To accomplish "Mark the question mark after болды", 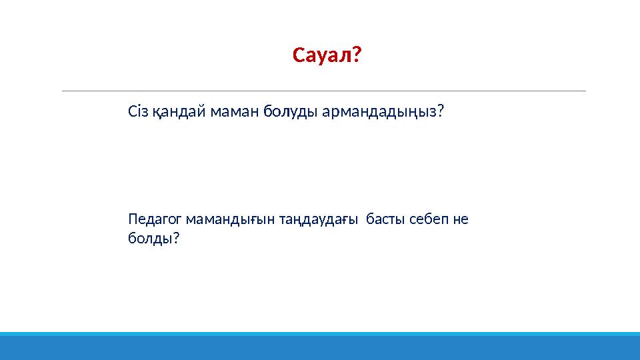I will click(x=176, y=237).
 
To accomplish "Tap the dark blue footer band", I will click(x=320, y=349).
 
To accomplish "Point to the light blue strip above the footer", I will click(x=320, y=334).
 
